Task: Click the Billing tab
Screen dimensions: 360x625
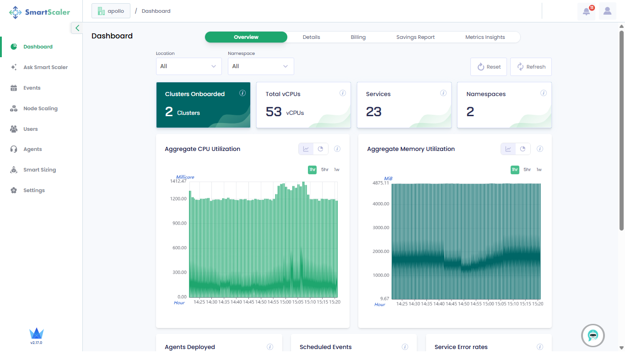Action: pyautogui.click(x=358, y=37)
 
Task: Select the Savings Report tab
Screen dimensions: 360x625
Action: pyautogui.click(x=415, y=37)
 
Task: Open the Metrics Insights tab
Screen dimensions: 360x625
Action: pyautogui.click(x=485, y=37)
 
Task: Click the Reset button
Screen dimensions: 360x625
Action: pyautogui.click(x=489, y=67)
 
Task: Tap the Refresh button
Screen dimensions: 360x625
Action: pyautogui.click(x=531, y=67)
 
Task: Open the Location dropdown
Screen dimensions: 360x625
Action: pyautogui.click(x=189, y=66)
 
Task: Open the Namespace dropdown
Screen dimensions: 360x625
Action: pyautogui.click(x=261, y=66)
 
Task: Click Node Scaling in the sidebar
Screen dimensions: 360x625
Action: pyautogui.click(x=40, y=108)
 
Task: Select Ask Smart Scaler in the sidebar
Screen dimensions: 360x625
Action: pyautogui.click(x=45, y=67)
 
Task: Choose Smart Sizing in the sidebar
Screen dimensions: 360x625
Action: pyautogui.click(x=39, y=170)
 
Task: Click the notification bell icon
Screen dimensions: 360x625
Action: pyautogui.click(x=586, y=11)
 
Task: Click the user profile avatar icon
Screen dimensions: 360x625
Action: pyautogui.click(x=607, y=11)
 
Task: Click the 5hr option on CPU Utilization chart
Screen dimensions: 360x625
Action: pyautogui.click(x=324, y=170)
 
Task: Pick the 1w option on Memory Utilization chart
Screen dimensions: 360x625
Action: pyautogui.click(x=539, y=170)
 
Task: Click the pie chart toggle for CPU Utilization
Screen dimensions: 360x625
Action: pyautogui.click(x=321, y=149)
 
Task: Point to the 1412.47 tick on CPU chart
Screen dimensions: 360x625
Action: pyautogui.click(x=178, y=181)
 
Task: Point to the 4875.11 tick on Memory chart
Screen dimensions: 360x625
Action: pyautogui.click(x=380, y=183)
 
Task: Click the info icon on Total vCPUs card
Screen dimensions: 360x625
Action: pyautogui.click(x=343, y=93)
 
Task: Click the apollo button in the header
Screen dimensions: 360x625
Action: pyautogui.click(x=111, y=11)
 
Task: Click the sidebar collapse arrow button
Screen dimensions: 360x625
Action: pyautogui.click(x=77, y=28)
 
